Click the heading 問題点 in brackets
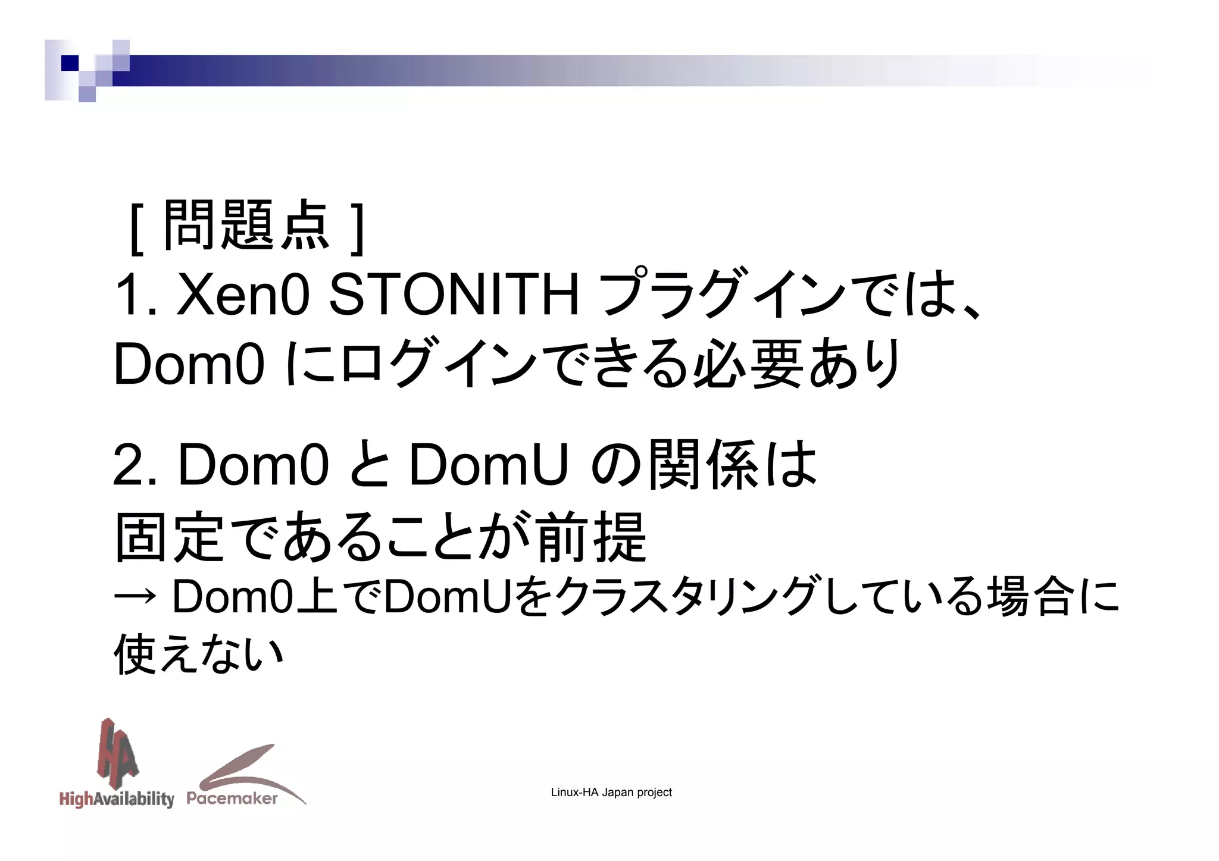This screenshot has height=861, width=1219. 246,226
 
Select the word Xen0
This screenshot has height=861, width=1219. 243,295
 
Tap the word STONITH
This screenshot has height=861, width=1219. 454,295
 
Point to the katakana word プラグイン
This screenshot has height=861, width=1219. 721,295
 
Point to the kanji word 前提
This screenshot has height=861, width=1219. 592,537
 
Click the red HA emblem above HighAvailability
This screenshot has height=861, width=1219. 117,751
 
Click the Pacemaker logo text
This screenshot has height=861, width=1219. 232,799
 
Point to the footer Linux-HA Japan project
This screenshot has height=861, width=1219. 611,793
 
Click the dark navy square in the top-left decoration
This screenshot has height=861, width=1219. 70,62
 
